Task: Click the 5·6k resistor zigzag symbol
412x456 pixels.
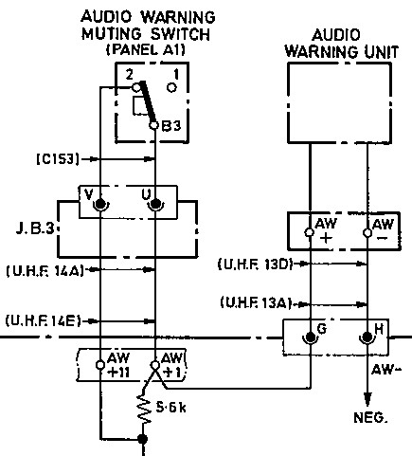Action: coord(143,410)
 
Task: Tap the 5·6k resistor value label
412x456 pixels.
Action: coord(170,408)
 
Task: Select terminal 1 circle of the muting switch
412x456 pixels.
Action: coord(171,87)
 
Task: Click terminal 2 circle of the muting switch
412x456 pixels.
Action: coord(136,87)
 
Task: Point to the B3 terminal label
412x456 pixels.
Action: coord(171,125)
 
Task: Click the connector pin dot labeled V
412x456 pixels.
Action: coord(100,204)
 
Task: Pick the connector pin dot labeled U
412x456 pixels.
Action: coord(154,204)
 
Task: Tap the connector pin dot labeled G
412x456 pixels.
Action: coord(311,337)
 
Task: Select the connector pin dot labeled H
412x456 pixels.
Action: coord(367,337)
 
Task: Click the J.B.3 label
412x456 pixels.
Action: coord(35,228)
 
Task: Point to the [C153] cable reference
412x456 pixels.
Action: coord(58,158)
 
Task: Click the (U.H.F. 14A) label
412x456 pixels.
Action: coord(45,270)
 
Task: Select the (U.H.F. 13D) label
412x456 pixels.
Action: coord(255,264)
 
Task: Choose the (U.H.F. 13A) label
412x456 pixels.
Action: coord(256,303)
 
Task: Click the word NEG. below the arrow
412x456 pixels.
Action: coord(370,417)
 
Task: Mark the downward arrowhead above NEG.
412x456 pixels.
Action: coord(367,399)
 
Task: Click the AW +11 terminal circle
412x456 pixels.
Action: coord(100,365)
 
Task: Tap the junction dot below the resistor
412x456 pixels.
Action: coord(143,439)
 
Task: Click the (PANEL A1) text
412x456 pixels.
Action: coord(146,49)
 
